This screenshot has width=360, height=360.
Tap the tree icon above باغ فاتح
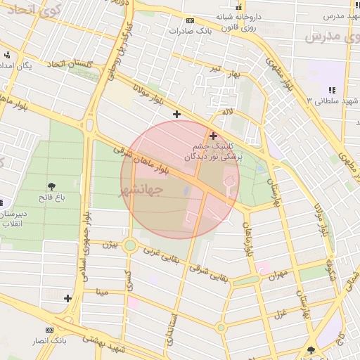pyautogui.click(x=52, y=186)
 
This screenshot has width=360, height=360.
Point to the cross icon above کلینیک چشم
pyautogui.click(x=213, y=135)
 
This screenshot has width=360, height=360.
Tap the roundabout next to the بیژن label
pyautogui.click(x=129, y=246)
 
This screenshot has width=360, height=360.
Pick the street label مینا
pyautogui.click(x=103, y=290)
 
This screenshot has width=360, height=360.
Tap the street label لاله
pyautogui.click(x=226, y=112)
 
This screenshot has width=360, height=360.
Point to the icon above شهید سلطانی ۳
pyautogui.click(x=331, y=90)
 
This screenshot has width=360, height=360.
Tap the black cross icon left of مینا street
pyautogui.click(x=67, y=298)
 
